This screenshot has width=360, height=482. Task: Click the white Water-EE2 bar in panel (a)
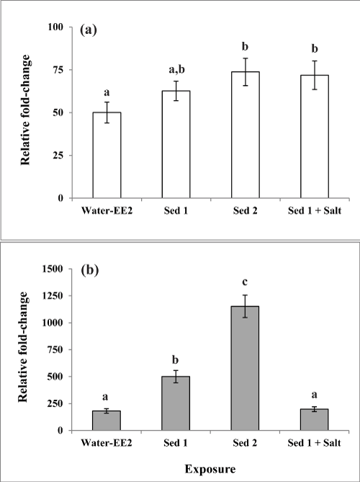click(x=107, y=155)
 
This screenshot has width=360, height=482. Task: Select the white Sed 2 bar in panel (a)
click(x=246, y=135)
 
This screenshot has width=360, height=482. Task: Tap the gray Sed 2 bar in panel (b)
click(x=245, y=368)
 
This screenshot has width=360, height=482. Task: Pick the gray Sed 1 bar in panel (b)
click(x=176, y=403)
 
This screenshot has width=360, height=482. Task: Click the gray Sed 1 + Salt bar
click(x=315, y=419)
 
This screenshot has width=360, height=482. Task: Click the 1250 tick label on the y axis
click(x=55, y=295)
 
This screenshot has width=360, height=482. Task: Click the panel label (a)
click(x=89, y=30)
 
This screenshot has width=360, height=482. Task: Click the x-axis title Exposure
click(x=210, y=469)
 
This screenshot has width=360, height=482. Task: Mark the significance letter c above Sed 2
click(x=245, y=282)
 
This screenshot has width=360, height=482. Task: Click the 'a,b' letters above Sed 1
click(x=176, y=69)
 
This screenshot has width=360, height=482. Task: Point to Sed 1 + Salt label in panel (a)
click(x=315, y=211)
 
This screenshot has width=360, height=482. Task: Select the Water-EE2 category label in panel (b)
click(x=107, y=443)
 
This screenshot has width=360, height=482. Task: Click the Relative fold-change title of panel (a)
click(x=25, y=110)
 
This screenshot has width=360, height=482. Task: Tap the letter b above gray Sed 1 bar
click(x=176, y=360)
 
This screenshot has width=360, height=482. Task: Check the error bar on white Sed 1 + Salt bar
click(x=315, y=75)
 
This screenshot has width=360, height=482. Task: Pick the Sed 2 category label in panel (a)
click(x=245, y=211)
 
